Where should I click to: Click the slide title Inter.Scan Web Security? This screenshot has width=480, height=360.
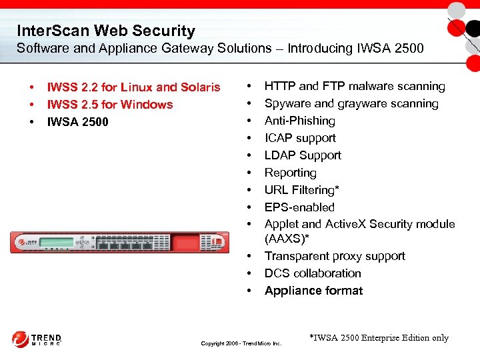(106, 31)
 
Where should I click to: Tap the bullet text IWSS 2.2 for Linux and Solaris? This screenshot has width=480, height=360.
(133, 87)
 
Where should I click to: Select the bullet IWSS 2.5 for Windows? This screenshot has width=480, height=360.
(109, 105)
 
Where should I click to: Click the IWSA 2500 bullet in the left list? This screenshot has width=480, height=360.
(77, 122)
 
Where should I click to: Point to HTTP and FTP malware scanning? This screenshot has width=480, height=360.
(354, 86)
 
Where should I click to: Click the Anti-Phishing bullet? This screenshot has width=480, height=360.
(299, 121)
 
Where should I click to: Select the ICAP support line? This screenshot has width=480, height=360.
(300, 138)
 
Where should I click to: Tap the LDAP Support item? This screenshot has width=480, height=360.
(303, 155)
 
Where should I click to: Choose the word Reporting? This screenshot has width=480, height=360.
(290, 173)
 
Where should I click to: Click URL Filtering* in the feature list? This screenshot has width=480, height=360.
(301, 190)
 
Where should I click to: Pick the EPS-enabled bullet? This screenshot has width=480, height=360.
(299, 207)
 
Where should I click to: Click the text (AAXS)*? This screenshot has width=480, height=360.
(287, 238)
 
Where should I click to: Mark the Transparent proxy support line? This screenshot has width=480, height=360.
(335, 256)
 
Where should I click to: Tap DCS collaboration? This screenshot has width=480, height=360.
(313, 273)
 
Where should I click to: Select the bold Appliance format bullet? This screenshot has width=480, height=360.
(313, 291)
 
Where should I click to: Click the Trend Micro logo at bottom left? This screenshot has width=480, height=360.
(37, 339)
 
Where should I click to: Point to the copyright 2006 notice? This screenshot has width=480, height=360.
(241, 343)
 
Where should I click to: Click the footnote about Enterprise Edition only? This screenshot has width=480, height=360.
(379, 338)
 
